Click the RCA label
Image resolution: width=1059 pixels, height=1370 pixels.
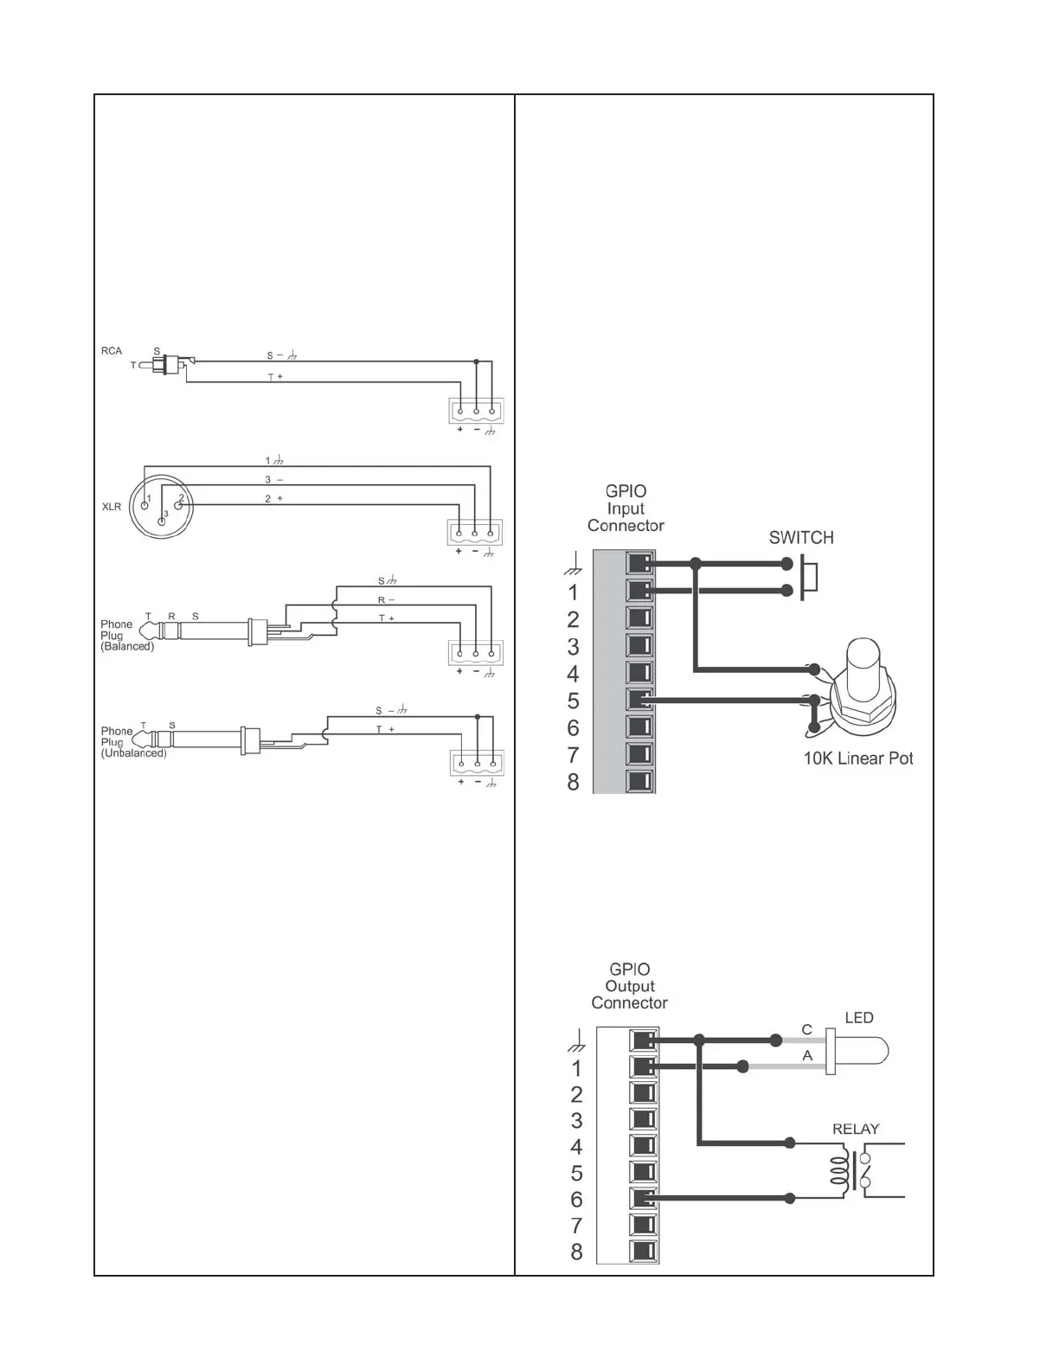(x=112, y=351)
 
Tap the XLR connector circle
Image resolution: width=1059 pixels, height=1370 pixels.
(x=163, y=506)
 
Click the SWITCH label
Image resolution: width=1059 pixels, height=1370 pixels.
(x=801, y=538)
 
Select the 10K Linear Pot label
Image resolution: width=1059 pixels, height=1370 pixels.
(x=857, y=759)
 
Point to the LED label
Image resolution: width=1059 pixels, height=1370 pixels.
(x=858, y=1018)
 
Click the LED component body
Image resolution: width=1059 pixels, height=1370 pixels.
(x=860, y=1051)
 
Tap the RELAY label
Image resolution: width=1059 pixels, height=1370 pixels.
(x=855, y=1129)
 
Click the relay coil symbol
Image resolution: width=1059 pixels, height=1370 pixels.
(x=838, y=1171)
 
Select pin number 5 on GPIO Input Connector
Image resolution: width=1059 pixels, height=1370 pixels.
(x=573, y=701)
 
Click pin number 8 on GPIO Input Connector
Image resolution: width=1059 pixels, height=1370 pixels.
(x=573, y=782)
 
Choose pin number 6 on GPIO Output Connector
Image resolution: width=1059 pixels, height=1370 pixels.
(x=576, y=1200)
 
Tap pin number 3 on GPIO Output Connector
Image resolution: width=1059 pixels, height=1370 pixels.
(x=576, y=1121)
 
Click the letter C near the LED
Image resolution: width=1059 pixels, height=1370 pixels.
(x=806, y=1030)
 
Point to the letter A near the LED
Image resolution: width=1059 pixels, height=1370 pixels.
(x=807, y=1056)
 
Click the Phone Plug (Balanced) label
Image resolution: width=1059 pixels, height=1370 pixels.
(x=126, y=635)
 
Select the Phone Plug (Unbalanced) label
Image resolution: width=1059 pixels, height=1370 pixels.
(x=133, y=742)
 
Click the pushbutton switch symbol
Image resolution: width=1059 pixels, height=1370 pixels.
(x=808, y=578)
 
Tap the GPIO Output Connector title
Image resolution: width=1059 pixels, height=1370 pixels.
(x=629, y=986)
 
